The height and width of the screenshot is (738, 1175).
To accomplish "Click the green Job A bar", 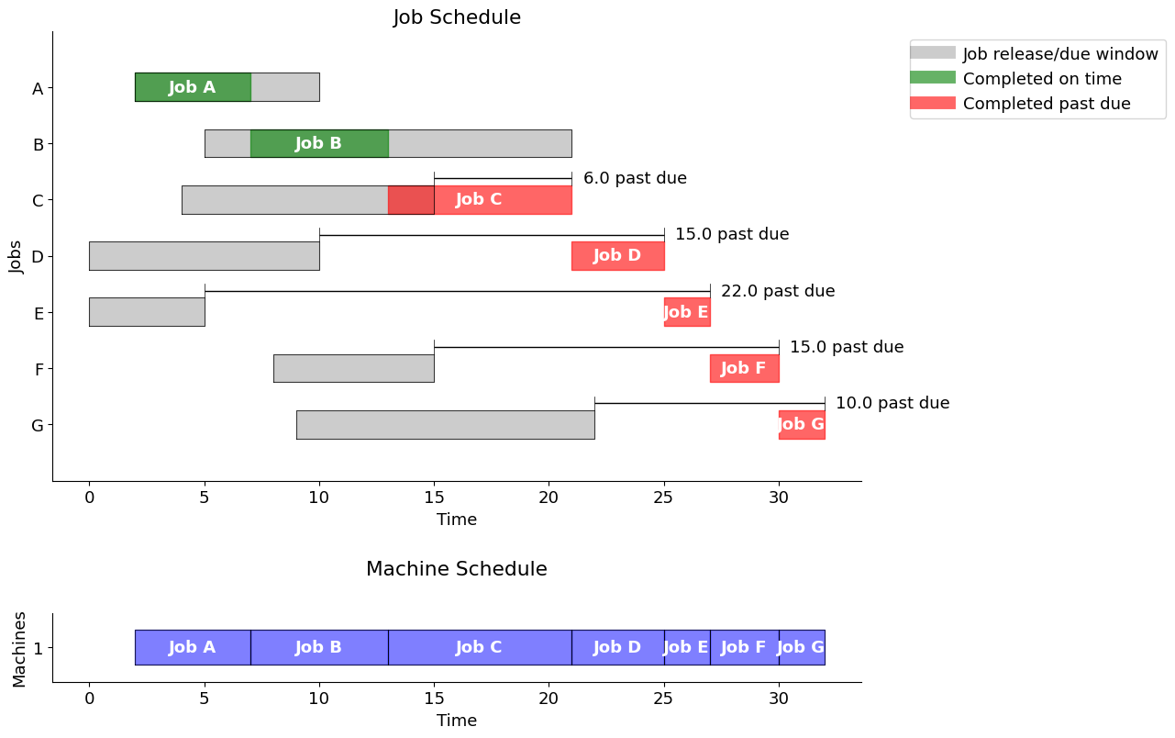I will tap(193, 87).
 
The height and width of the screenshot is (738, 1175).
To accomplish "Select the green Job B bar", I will tap(319, 143).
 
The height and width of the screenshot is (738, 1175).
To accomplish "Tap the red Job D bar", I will tap(617, 256).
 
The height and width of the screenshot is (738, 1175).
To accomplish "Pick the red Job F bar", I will tap(744, 368).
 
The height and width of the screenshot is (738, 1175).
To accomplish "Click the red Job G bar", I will tap(802, 424).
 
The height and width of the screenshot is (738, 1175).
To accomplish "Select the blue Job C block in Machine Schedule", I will tap(479, 647).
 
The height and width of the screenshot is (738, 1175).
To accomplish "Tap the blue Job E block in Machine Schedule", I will tap(686, 647).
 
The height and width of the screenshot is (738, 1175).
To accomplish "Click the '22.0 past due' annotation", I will tap(778, 291).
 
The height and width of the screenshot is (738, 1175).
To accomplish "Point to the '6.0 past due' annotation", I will tap(635, 178).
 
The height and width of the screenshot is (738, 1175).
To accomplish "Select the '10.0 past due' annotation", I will tap(892, 403).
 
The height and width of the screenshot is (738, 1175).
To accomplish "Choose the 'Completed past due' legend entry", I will tap(1047, 104).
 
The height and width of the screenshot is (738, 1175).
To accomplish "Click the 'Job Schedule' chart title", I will tap(457, 17).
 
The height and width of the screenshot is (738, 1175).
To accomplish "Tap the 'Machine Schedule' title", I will tap(457, 569).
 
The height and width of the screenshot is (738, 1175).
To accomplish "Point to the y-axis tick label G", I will tap(38, 425).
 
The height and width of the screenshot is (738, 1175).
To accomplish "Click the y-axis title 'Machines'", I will tap(20, 648).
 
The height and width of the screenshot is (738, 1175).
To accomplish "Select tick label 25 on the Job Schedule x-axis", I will tap(663, 497).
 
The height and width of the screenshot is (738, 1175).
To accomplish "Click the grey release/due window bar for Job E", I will tap(147, 312).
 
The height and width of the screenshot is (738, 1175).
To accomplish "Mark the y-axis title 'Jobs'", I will tap(17, 256).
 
